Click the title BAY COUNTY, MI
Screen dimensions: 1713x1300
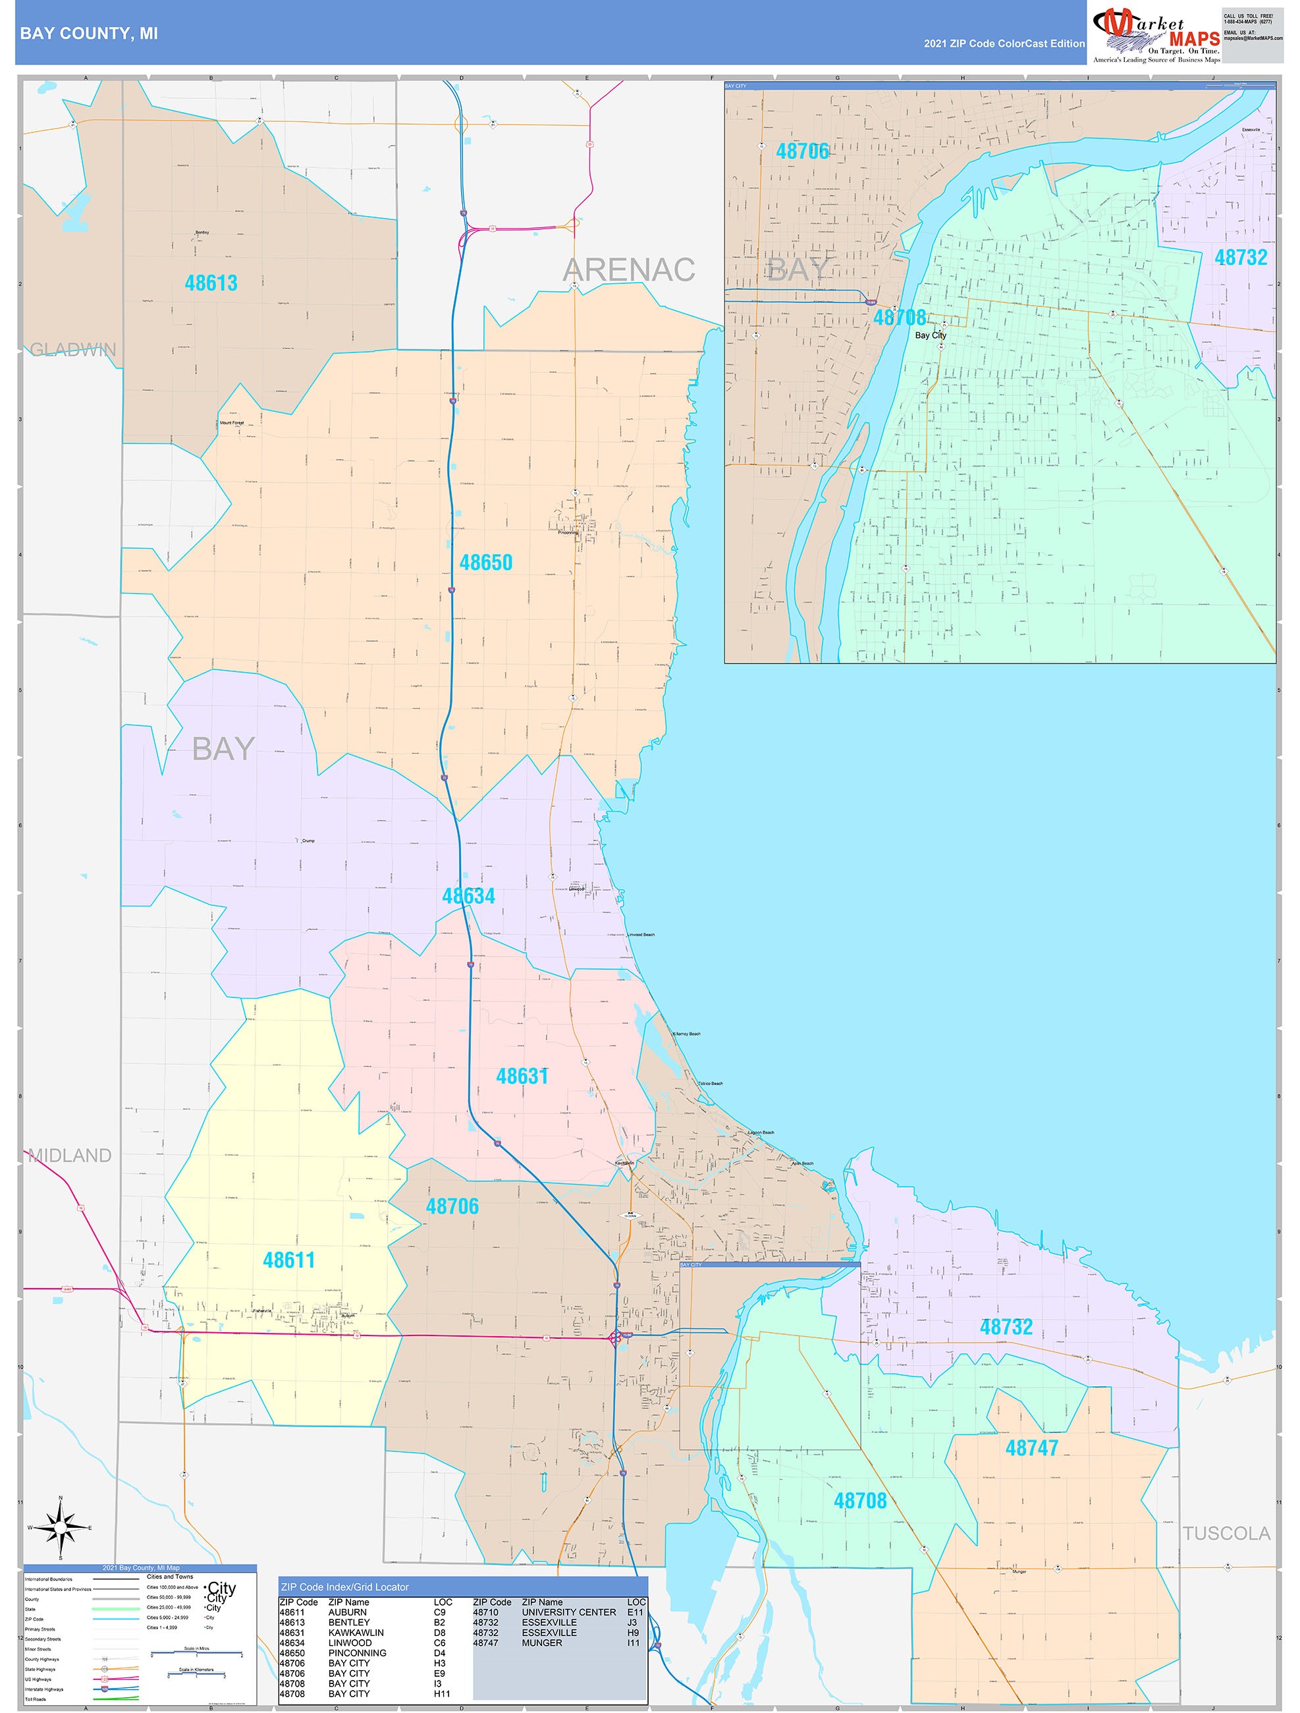(88, 34)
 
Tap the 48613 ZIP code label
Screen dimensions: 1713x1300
(211, 283)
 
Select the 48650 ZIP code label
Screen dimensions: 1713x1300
(485, 563)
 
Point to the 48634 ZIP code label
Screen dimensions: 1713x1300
(468, 896)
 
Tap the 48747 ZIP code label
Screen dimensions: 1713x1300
(1031, 1448)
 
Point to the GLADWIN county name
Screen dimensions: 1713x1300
(73, 350)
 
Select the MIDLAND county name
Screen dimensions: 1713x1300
(70, 1156)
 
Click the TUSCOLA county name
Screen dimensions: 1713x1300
(1226, 1533)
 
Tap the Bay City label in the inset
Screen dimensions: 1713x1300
(930, 335)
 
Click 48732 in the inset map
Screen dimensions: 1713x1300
(1240, 258)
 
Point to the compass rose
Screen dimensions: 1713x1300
(61, 1527)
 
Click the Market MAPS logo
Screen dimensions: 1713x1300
(1156, 34)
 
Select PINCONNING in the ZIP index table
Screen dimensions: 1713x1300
(357, 1652)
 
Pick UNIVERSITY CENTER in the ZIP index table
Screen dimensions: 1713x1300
(568, 1612)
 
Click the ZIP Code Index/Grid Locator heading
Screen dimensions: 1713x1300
(344, 1587)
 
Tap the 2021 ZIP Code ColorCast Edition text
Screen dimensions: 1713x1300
(1004, 44)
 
